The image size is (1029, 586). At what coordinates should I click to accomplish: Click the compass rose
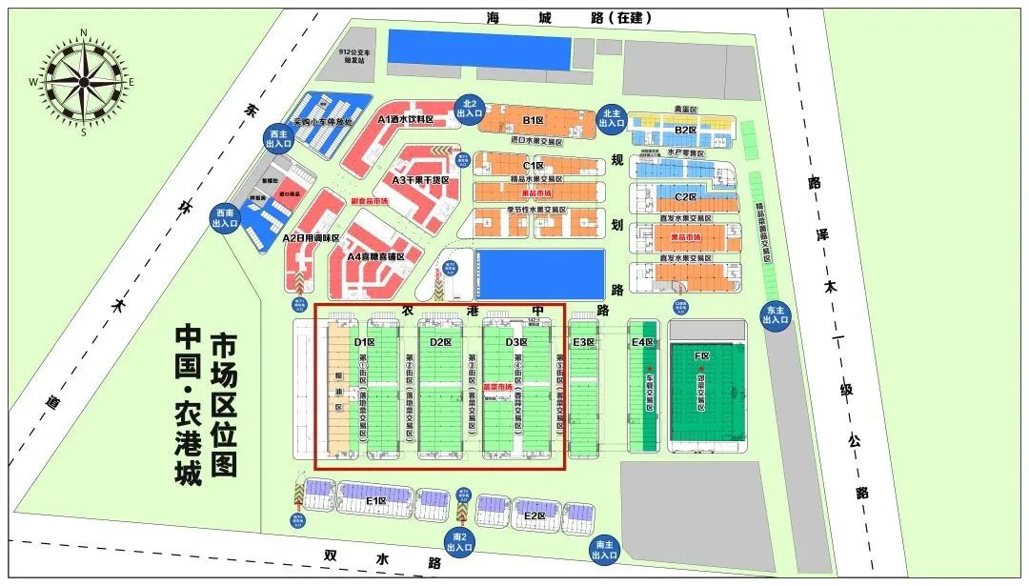click(x=83, y=82)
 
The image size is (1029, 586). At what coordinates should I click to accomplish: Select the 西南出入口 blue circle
click(x=225, y=217)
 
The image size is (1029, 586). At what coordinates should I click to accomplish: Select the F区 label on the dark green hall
click(x=702, y=356)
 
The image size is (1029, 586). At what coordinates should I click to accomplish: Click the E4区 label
click(x=642, y=342)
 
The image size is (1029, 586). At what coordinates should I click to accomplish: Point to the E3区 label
click(x=583, y=342)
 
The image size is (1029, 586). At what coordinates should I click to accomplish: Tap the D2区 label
click(x=440, y=342)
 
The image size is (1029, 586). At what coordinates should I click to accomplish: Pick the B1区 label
click(x=533, y=121)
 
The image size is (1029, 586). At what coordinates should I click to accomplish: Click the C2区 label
click(x=686, y=197)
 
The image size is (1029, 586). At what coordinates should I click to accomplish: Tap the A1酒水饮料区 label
click(x=405, y=120)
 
